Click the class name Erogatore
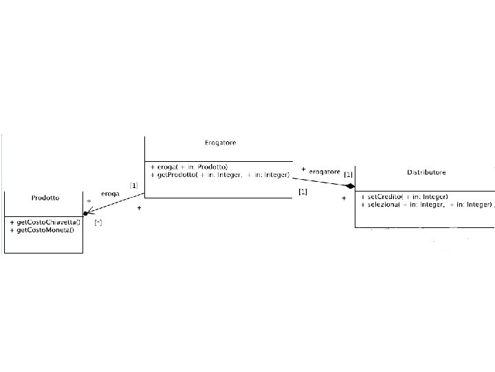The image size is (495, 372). tap(220, 143)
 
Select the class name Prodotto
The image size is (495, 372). tap(45, 198)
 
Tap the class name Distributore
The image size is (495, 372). tap(426, 172)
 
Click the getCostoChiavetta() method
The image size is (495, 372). tap(45, 222)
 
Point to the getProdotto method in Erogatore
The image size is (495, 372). tap(219, 176)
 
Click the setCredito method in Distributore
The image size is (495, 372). tap(404, 197)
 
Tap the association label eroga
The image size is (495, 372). tap(110, 194)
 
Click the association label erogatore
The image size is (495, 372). tap(324, 171)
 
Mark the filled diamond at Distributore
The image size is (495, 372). tap(350, 186)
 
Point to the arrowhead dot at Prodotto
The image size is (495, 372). tap(86, 214)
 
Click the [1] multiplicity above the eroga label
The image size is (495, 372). tap(133, 185)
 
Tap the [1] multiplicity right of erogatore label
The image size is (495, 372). tap(348, 174)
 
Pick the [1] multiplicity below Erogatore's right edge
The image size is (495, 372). tap(302, 192)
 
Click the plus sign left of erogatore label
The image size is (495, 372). tap(303, 169)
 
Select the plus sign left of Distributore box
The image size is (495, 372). tap(344, 198)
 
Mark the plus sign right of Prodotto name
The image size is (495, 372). tap(88, 201)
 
